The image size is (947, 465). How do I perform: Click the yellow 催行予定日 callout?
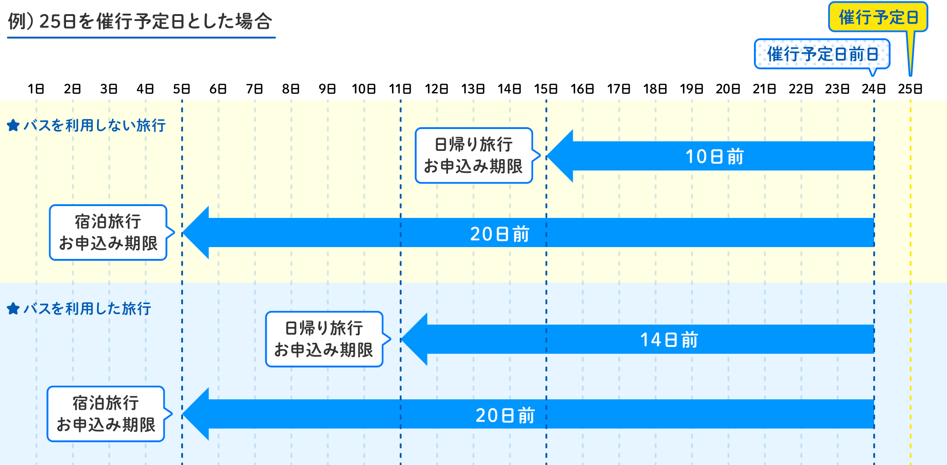[878, 17]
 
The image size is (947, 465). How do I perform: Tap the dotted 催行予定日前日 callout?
[822, 54]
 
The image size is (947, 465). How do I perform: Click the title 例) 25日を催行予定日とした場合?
[140, 21]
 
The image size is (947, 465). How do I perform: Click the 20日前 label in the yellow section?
[499, 234]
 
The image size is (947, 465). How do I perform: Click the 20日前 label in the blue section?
[505, 415]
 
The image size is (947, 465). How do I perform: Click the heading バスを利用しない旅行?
[94, 125]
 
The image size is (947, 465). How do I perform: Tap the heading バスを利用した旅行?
[87, 309]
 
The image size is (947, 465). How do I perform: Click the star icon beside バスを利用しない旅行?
[13, 125]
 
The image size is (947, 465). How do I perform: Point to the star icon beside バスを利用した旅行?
[13, 309]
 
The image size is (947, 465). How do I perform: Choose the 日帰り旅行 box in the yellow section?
[473, 155]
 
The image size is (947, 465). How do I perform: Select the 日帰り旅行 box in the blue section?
[324, 339]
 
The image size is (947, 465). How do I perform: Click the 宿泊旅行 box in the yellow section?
[108, 232]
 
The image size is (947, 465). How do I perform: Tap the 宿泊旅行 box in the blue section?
[106, 414]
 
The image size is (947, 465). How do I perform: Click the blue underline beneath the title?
[141, 37]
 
